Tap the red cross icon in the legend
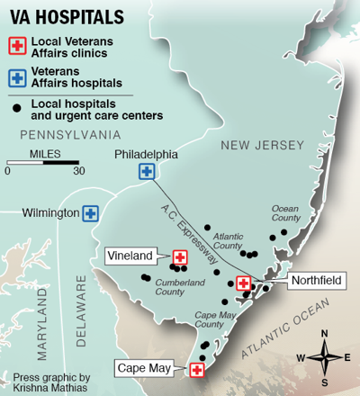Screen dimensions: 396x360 click(x=15, y=47)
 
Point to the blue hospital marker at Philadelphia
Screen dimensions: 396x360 click(x=146, y=171)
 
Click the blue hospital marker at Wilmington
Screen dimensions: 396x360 click(x=90, y=213)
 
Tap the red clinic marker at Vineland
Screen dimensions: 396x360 click(x=179, y=256)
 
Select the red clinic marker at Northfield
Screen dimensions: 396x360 click(x=243, y=283)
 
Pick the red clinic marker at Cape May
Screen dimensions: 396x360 click(x=196, y=368)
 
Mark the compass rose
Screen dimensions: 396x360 click(x=325, y=356)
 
